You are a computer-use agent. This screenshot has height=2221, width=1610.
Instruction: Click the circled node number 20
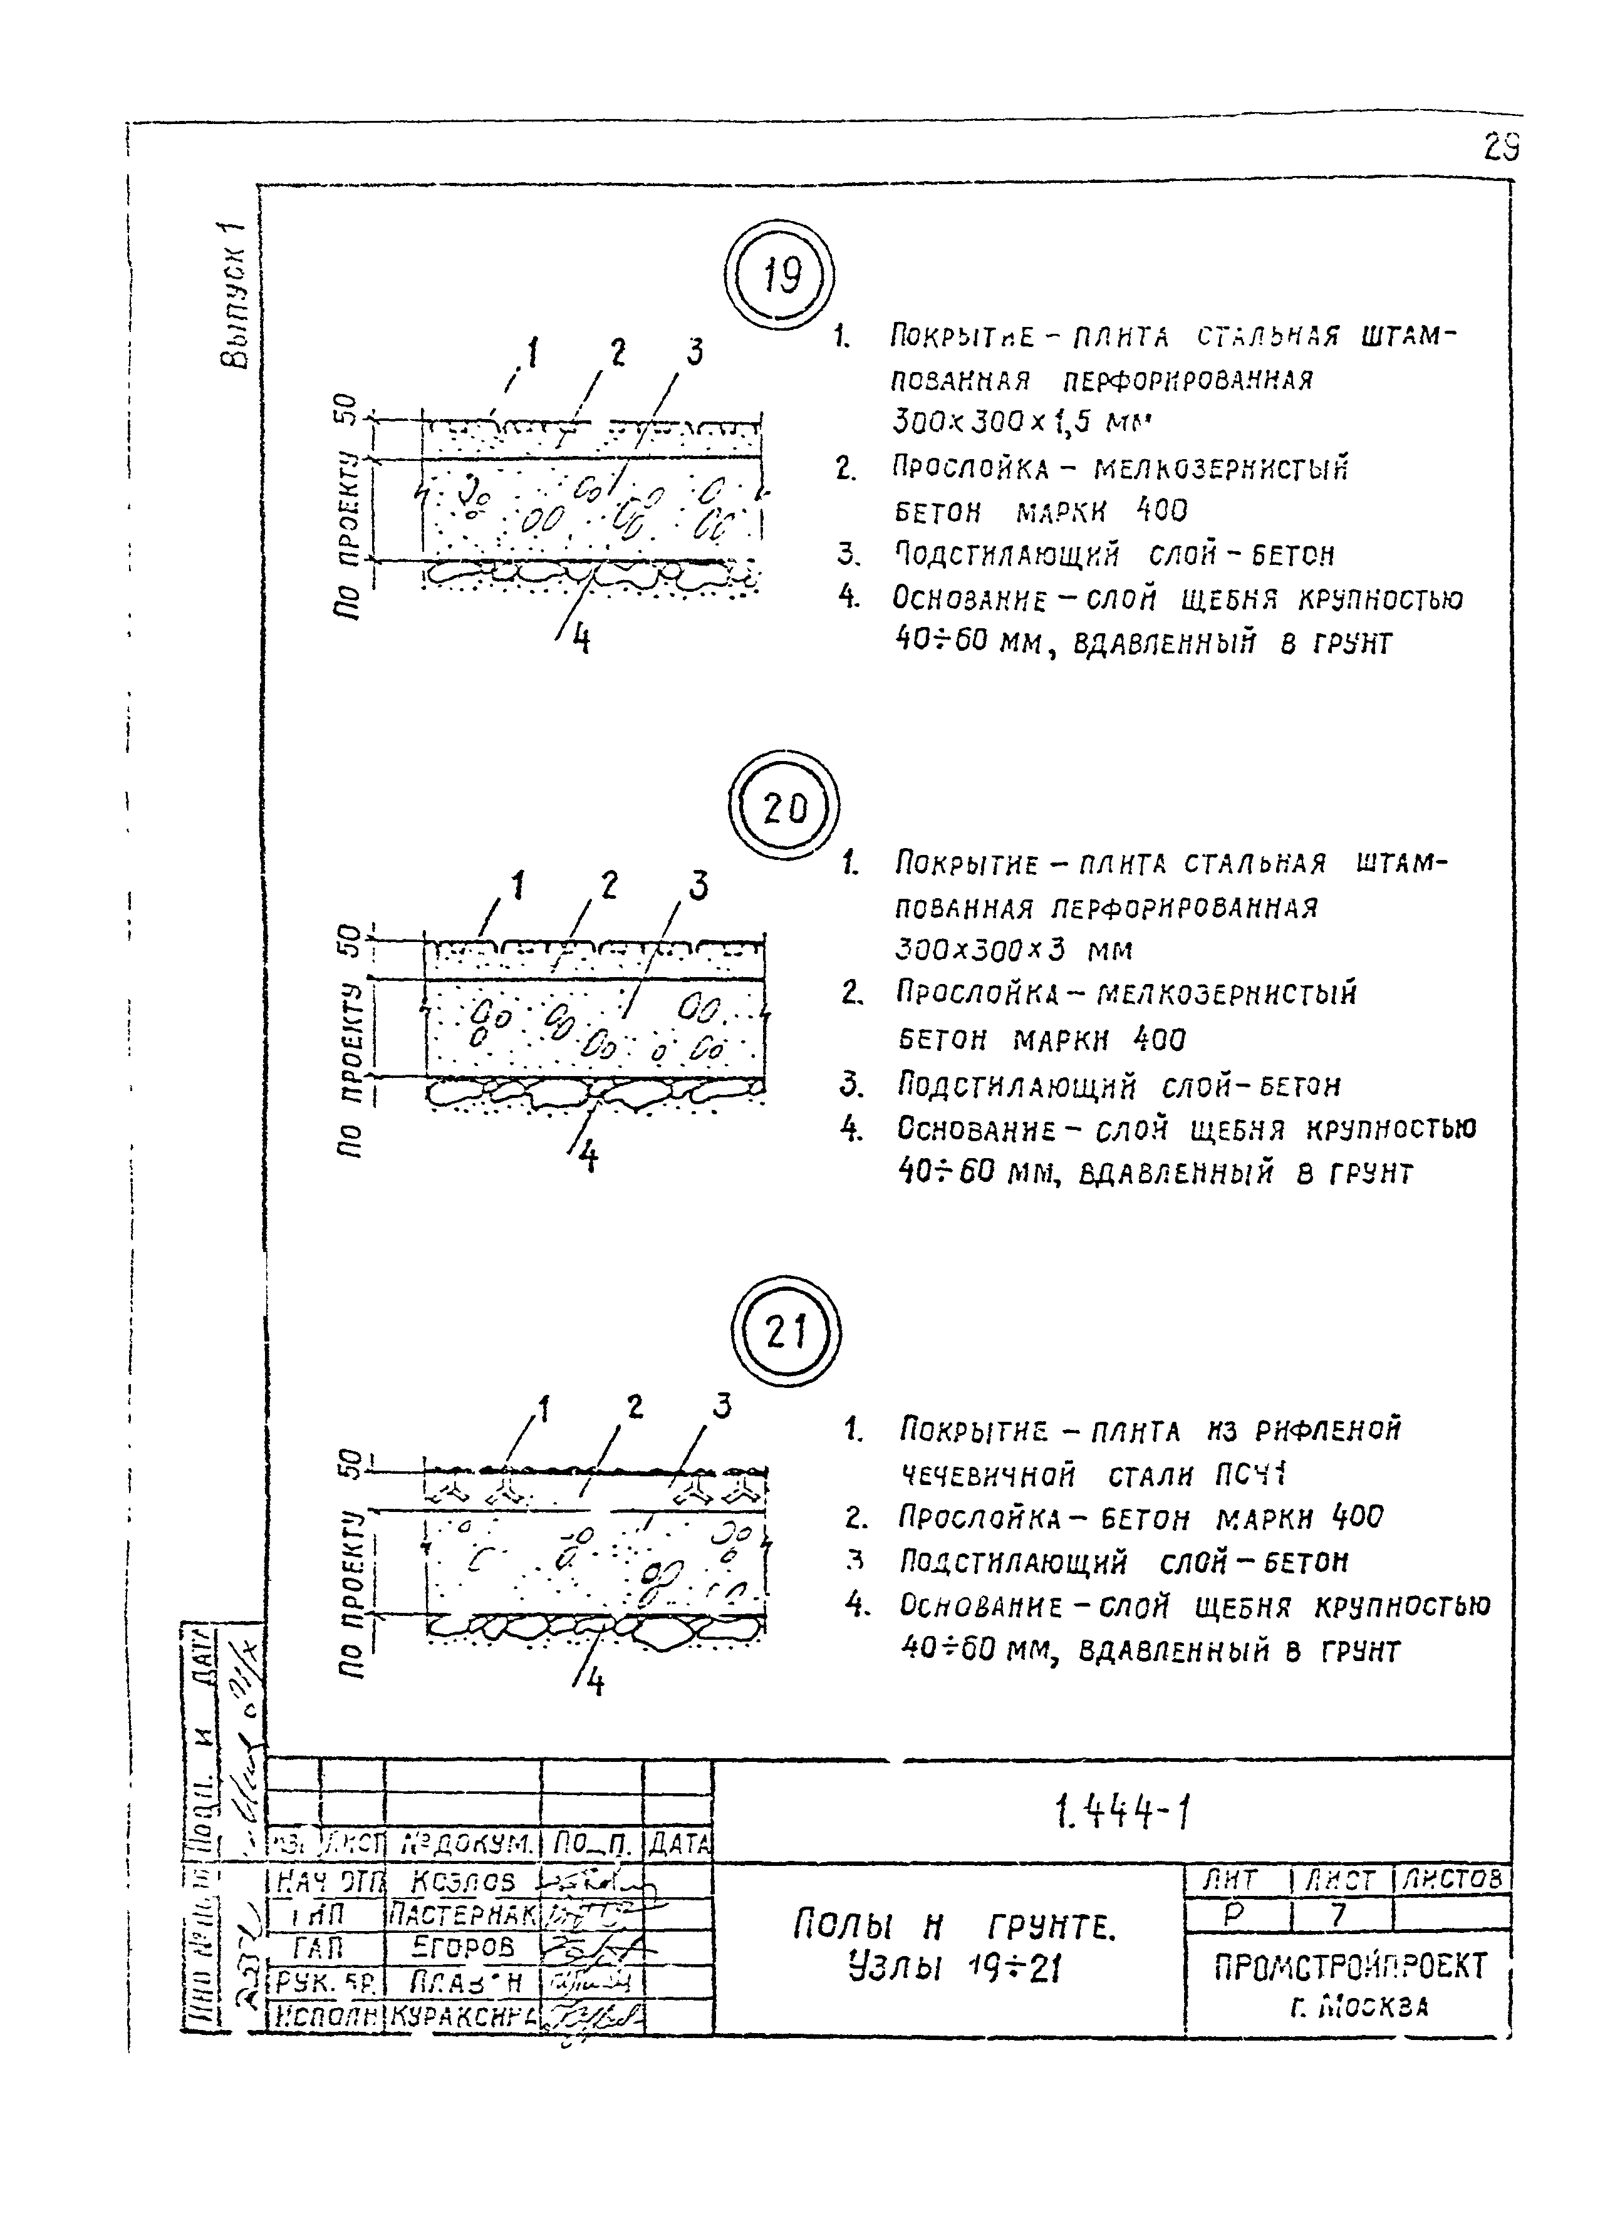point(784,808)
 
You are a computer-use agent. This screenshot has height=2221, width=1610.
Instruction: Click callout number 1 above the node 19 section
point(532,351)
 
